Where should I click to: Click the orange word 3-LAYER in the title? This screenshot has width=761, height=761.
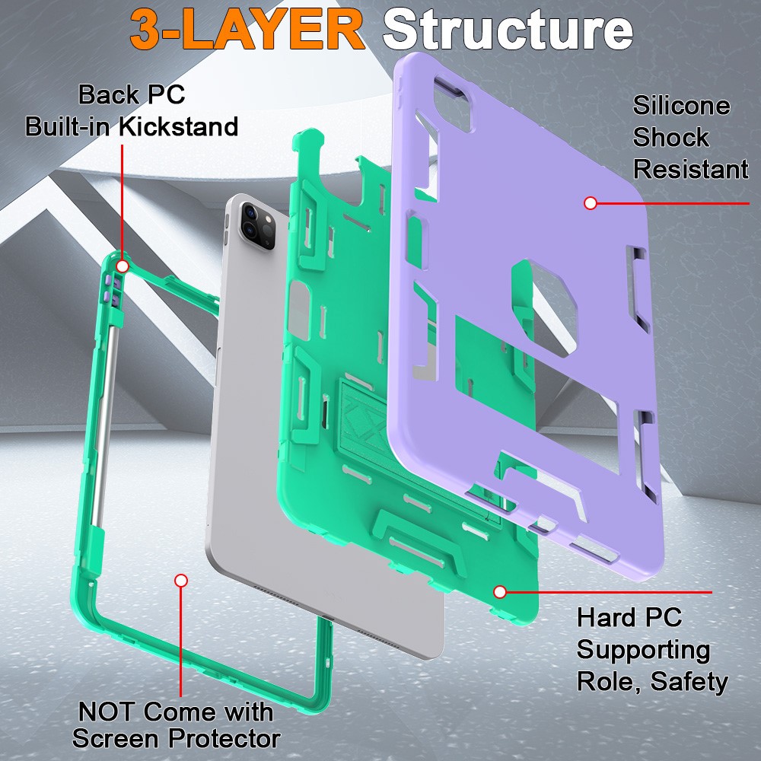[247, 30]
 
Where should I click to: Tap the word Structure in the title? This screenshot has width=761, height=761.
[508, 30]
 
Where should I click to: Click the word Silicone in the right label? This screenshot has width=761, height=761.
[681, 106]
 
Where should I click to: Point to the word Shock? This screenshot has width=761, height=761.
[670, 138]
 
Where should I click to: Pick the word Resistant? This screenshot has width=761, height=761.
[690, 170]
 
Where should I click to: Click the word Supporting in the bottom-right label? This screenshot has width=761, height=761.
[643, 649]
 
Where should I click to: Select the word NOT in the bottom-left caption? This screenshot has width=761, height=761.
[108, 712]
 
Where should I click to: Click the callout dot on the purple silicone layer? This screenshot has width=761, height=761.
[590, 203]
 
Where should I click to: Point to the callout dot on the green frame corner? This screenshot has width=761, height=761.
[122, 266]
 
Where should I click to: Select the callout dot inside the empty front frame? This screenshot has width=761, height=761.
[181, 581]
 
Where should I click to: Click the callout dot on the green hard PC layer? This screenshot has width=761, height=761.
[500, 591]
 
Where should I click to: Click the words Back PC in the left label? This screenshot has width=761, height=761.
[132, 95]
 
